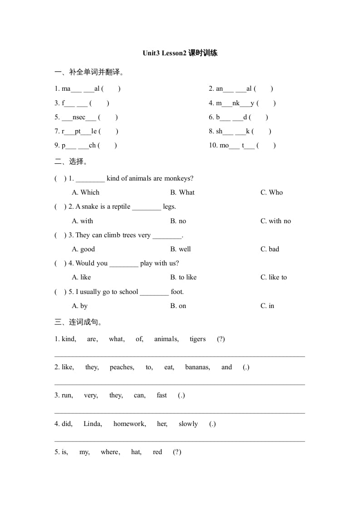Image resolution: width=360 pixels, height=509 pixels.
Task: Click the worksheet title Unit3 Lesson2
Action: click(x=180, y=53)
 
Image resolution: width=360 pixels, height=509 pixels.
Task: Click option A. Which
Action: click(x=85, y=192)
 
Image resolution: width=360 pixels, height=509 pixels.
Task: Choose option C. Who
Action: click(x=271, y=192)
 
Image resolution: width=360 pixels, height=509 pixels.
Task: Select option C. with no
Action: click(x=276, y=221)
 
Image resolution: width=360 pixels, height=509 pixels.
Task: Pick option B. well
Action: click(x=180, y=249)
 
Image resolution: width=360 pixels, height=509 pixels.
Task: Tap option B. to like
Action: click(x=183, y=277)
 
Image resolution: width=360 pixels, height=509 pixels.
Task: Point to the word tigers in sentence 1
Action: click(x=197, y=339)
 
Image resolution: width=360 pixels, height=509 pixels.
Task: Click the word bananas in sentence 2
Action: click(x=197, y=367)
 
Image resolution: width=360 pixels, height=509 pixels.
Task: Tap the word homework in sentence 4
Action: click(x=129, y=424)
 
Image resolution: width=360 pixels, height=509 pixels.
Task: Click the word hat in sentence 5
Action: click(x=136, y=452)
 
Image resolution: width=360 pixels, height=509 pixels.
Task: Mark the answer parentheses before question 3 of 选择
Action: click(x=60, y=235)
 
